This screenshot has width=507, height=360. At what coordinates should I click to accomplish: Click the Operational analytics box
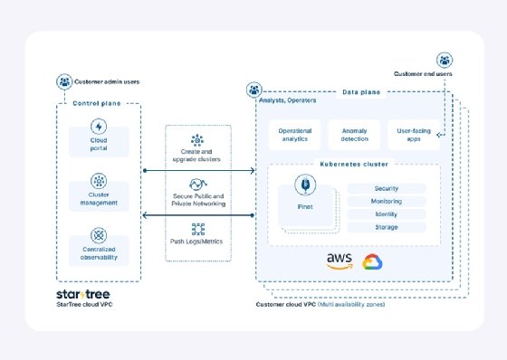point(294,135)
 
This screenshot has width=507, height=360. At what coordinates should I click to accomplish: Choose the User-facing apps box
point(413,135)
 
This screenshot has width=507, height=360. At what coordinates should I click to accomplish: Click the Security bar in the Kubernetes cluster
point(386,188)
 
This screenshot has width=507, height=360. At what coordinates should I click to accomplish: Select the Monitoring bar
point(386,202)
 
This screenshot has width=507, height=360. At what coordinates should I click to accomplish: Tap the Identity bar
point(386,214)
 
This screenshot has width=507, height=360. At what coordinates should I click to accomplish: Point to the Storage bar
point(386,227)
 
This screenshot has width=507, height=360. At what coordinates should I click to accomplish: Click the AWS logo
point(339,261)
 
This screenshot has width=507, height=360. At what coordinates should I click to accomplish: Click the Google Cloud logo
point(371,261)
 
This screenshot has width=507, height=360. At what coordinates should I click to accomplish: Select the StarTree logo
point(84,295)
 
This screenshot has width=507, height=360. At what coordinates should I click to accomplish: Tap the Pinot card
point(305,202)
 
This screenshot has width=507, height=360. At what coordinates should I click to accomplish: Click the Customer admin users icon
point(64,81)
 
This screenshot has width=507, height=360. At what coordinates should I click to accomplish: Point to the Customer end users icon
point(444,60)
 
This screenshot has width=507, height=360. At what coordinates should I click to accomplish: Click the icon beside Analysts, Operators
point(253,90)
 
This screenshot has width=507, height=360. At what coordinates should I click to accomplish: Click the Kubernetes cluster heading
point(353,164)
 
